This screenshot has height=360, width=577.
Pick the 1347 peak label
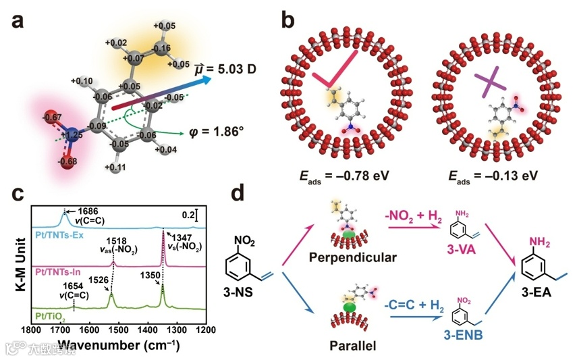point(183,239)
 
